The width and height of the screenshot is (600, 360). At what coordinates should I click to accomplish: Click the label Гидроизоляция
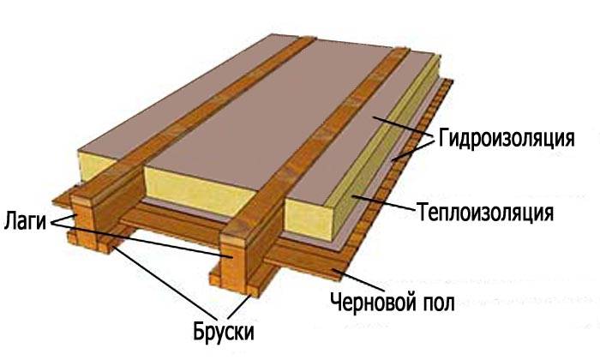(x=505, y=139)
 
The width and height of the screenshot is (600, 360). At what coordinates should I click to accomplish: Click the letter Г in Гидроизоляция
(x=443, y=139)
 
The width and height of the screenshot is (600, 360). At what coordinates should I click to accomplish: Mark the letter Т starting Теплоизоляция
(x=422, y=210)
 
